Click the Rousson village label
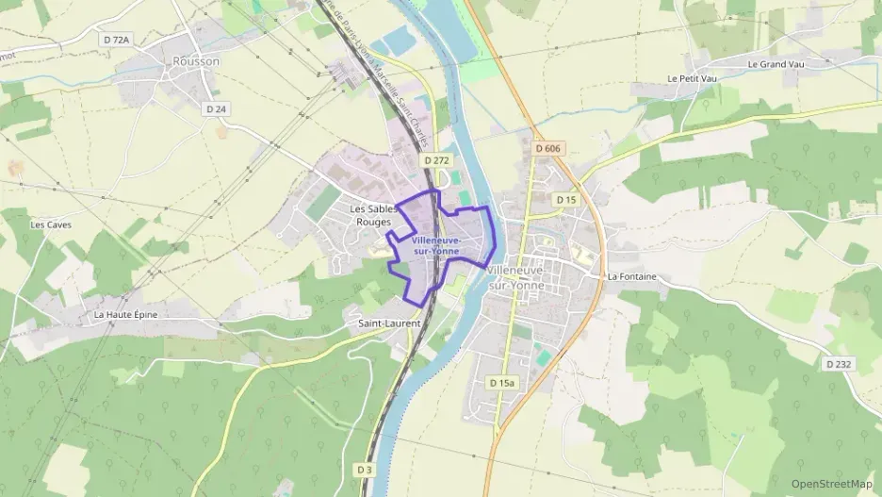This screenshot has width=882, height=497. click(196, 61)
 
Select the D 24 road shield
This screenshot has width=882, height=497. click(217, 108)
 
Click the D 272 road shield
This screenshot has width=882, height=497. click(435, 161)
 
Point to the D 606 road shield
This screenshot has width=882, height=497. click(547, 149)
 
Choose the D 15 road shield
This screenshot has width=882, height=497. click(565, 200)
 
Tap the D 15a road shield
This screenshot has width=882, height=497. click(502, 382)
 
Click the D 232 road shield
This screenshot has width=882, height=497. click(838, 364)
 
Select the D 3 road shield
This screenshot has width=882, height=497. click(365, 469)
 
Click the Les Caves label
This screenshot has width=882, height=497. click(51, 224)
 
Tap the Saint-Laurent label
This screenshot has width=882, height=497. click(389, 323)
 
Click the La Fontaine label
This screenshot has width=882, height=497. click(631, 276)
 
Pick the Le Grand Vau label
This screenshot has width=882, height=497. click(776, 64)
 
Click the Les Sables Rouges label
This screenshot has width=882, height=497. click(370, 215)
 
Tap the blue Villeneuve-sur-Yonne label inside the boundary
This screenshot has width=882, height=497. click(436, 246)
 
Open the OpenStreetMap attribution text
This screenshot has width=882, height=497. click(831, 484)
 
